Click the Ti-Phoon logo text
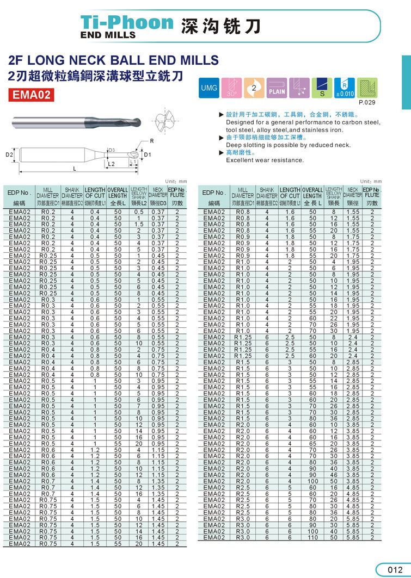[x=126, y=23]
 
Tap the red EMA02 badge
[x=33, y=95]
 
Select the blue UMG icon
[x=209, y=88]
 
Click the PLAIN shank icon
[x=278, y=88]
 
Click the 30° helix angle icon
[x=232, y=88]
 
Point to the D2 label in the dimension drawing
[x=9, y=155]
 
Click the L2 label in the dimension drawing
[x=112, y=163]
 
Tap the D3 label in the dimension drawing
[x=112, y=150]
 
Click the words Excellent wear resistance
[x=265, y=160]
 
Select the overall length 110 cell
[x=312, y=537]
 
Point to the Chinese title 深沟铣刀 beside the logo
[x=221, y=25]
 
